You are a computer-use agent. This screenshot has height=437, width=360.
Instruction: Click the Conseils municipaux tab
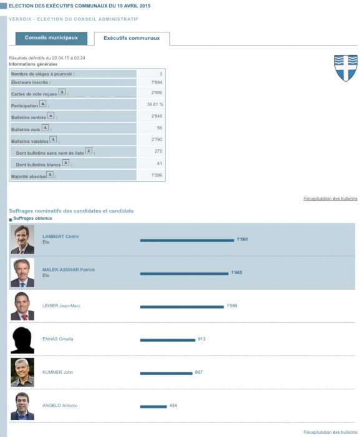(51, 38)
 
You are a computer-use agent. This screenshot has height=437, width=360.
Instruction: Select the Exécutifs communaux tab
(132, 39)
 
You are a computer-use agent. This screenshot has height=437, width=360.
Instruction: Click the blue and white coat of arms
(346, 68)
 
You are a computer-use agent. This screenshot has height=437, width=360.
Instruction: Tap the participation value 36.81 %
(155, 104)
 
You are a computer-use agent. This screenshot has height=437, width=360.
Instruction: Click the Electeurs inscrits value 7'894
(157, 82)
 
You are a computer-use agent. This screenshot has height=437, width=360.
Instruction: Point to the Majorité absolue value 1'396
(157, 175)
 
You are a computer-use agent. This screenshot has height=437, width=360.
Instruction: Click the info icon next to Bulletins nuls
(45, 127)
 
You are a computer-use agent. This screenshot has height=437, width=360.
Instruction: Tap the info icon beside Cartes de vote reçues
(62, 92)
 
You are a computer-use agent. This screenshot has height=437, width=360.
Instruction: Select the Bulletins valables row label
(30, 142)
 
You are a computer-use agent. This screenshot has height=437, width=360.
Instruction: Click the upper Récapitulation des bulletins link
(330, 199)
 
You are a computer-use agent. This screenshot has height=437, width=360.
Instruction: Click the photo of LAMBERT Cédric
(22, 239)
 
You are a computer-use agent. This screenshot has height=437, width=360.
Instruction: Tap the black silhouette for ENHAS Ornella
(22, 340)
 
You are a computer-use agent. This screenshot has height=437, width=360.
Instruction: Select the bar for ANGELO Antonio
(153, 407)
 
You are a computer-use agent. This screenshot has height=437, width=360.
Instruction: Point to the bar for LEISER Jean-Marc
(182, 307)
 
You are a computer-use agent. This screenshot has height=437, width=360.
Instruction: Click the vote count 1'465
(236, 273)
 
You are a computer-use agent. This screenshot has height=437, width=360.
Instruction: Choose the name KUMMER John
(57, 372)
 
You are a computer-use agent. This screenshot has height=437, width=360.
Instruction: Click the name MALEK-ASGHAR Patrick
(69, 270)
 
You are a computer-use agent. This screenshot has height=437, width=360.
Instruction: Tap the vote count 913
(202, 339)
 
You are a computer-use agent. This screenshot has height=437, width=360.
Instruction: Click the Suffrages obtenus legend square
(11, 220)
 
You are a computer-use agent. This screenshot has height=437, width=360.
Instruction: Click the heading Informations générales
(33, 64)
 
